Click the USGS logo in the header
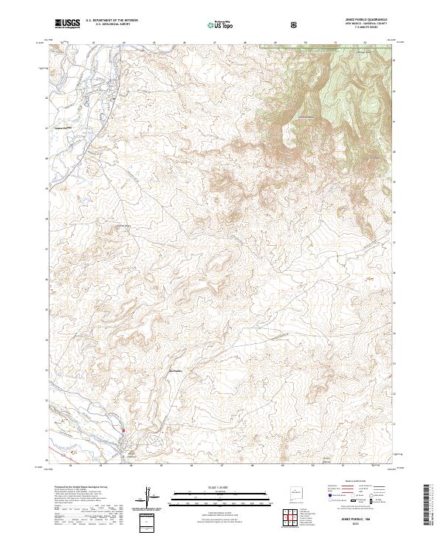point(67,24)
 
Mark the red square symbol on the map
point(123,432)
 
